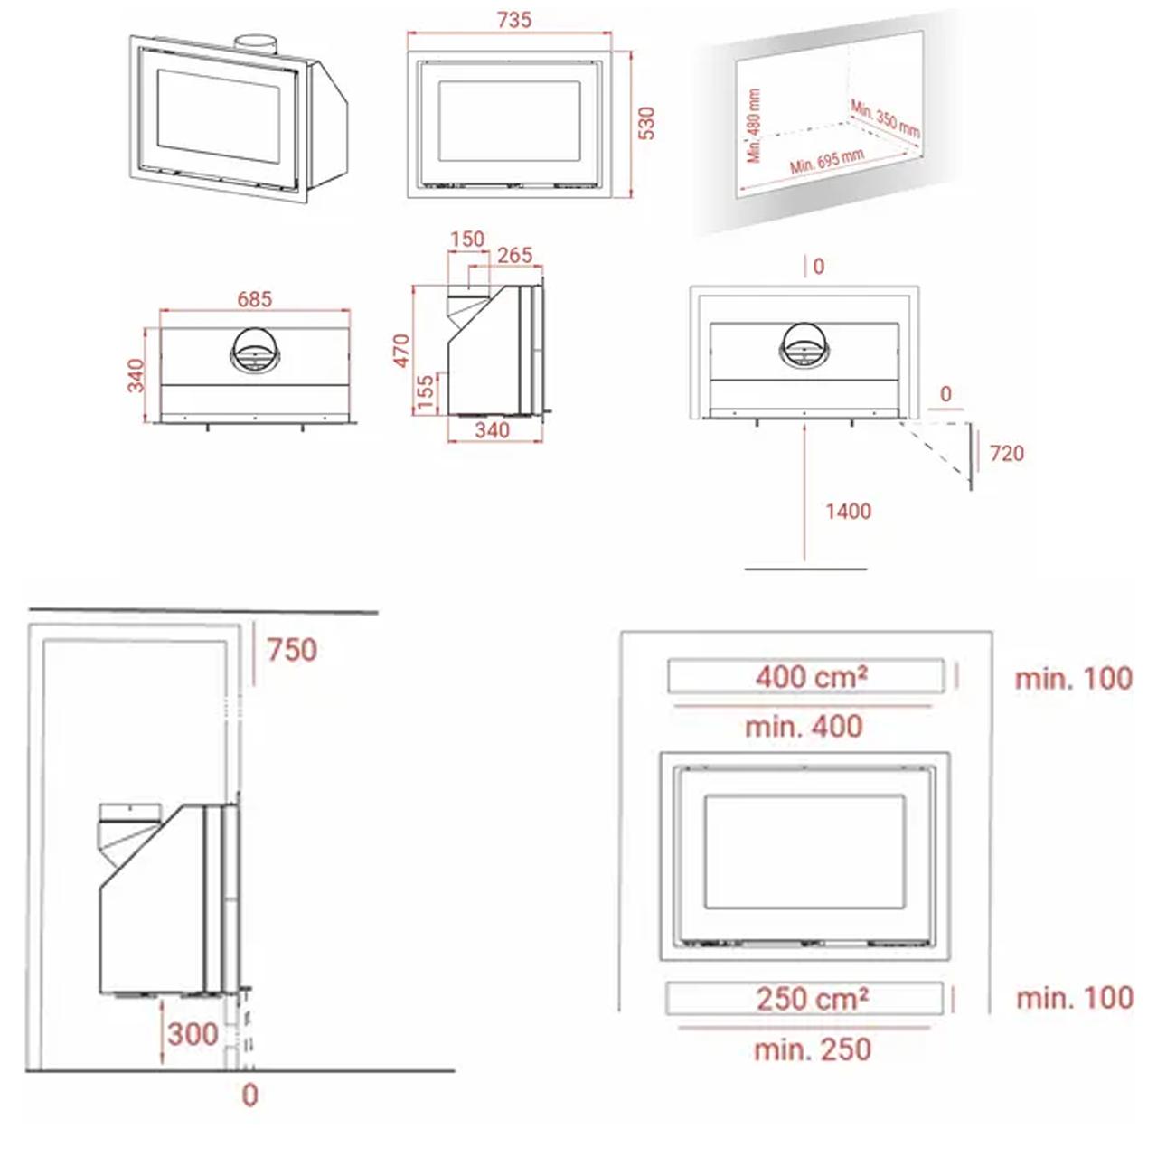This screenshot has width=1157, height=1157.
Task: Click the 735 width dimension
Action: [x=514, y=20]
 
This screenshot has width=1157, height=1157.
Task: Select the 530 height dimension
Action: [x=646, y=124]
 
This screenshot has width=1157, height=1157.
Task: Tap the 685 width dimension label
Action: [x=255, y=298]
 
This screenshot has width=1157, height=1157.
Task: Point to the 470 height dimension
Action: [x=401, y=350]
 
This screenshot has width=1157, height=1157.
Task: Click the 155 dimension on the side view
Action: [x=425, y=392]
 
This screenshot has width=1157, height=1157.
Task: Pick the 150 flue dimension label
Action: [x=467, y=239]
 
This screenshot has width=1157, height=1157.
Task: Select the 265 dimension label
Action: [x=514, y=255]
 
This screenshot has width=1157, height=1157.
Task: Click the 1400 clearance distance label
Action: [x=848, y=511]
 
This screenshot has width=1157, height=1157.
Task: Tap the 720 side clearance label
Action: [x=1006, y=454]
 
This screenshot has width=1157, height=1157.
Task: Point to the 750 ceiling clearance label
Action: [x=292, y=650]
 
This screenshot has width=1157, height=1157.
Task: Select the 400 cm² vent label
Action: [x=811, y=677]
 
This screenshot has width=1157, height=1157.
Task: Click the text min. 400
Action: [x=804, y=727]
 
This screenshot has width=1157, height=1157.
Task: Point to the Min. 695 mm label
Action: [x=827, y=161]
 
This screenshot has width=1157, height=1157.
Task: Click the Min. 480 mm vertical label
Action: [x=754, y=126]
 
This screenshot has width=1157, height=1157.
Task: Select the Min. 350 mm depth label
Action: [x=885, y=118]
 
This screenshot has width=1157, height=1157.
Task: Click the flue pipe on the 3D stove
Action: [x=255, y=45]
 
